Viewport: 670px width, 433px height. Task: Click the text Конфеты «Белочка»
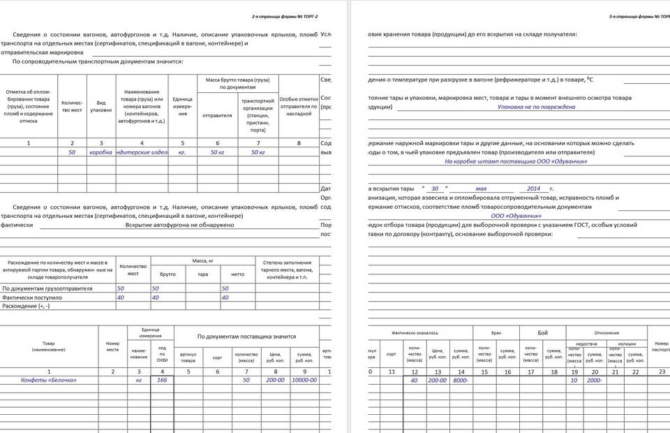pos(49,380)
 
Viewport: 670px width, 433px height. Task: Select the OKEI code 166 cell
pos(163,380)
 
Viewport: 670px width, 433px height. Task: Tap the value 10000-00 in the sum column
pos(304,380)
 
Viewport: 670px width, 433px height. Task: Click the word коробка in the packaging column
pos(100,152)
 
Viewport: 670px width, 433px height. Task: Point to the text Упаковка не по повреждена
pos(536,107)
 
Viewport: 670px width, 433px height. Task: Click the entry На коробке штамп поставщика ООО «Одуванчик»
pos(516,161)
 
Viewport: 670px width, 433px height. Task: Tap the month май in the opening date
pos(481,189)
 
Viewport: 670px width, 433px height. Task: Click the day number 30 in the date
pos(435,189)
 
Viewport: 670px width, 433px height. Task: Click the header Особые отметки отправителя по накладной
pos(299,106)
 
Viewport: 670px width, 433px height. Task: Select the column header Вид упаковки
pos(100,106)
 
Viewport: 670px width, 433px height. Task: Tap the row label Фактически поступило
pos(33,297)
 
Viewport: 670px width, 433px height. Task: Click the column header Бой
pos(542,333)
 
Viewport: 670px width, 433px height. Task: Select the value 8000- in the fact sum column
pos(461,380)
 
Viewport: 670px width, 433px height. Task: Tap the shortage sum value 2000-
pos(595,380)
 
